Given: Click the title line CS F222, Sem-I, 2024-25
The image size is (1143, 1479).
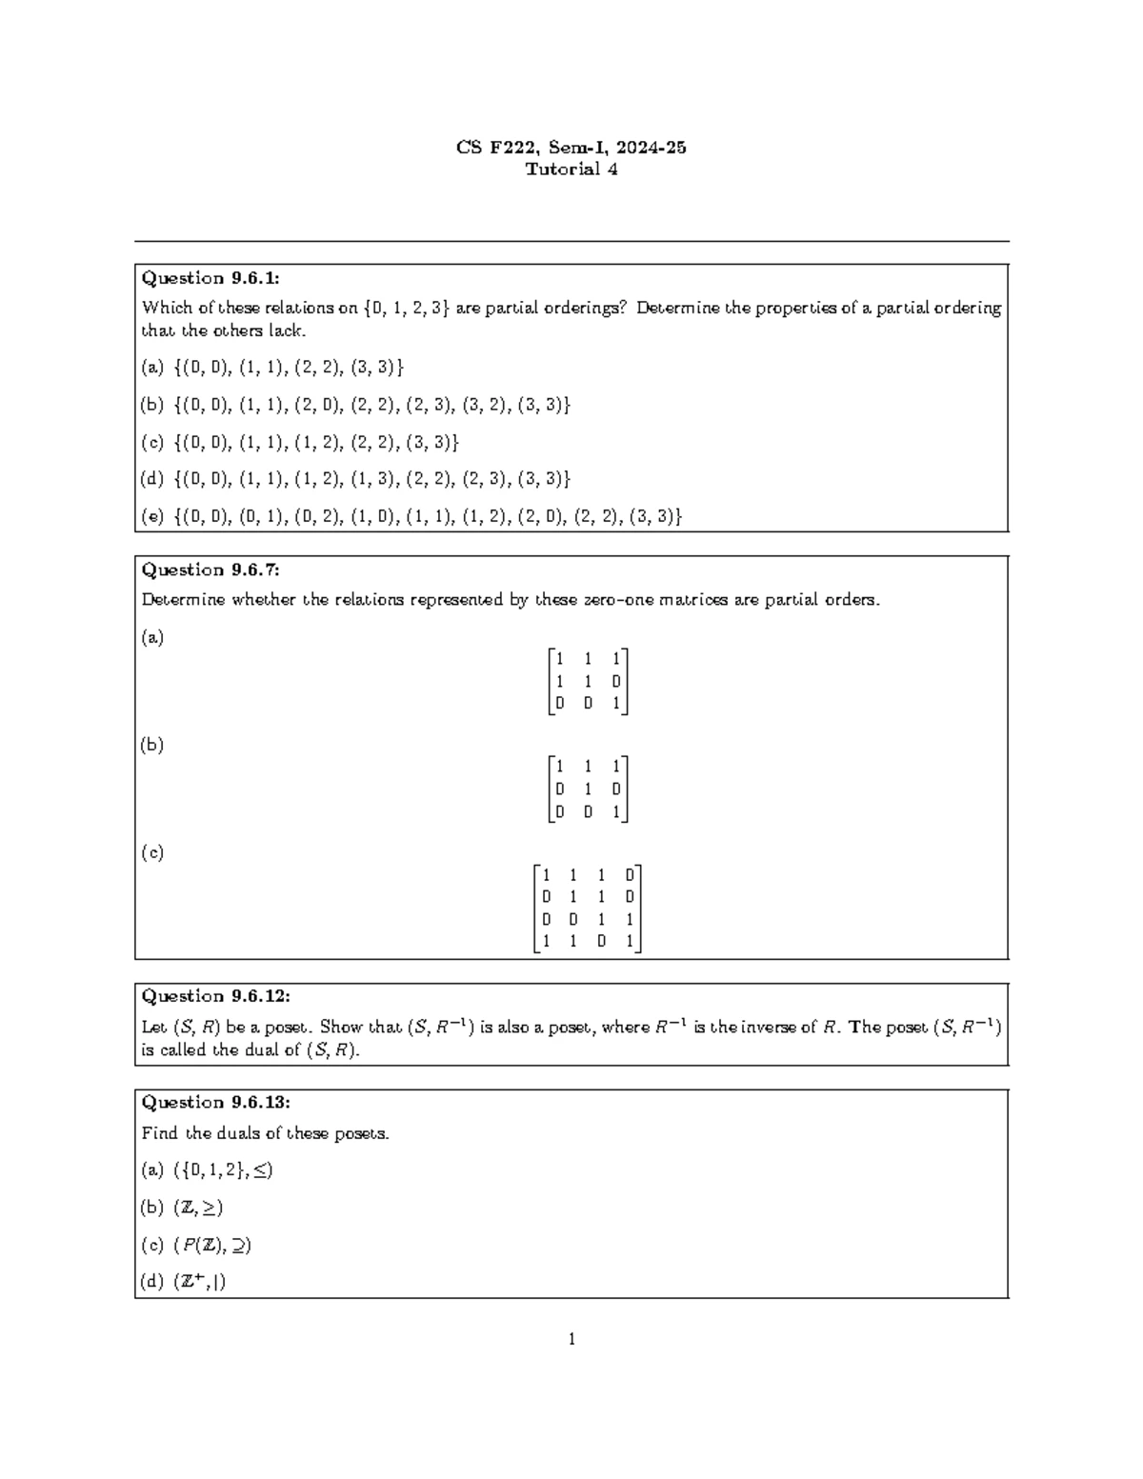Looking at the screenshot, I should (x=571, y=148).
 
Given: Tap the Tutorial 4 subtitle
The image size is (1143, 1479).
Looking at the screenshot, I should (x=571, y=170).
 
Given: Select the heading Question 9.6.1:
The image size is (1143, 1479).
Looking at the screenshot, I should (x=211, y=278).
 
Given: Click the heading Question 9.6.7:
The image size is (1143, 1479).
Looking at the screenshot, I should (x=211, y=570).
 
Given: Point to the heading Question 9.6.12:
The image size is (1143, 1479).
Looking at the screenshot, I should (x=215, y=996).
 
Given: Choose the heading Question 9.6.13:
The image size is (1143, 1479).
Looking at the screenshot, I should (x=215, y=1102).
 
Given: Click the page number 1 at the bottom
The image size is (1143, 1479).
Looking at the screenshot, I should (x=571, y=1340).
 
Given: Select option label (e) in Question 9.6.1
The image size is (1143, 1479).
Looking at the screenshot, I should (x=152, y=516).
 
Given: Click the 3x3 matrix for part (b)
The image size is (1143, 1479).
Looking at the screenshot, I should (x=588, y=789).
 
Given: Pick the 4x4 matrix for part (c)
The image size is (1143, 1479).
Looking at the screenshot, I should (x=587, y=909).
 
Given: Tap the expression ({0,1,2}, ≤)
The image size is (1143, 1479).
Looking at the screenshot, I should (x=223, y=1169).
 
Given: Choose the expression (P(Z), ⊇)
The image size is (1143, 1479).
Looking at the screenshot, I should (x=212, y=1245).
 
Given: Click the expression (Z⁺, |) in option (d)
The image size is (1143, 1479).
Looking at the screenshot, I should (x=199, y=1282).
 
